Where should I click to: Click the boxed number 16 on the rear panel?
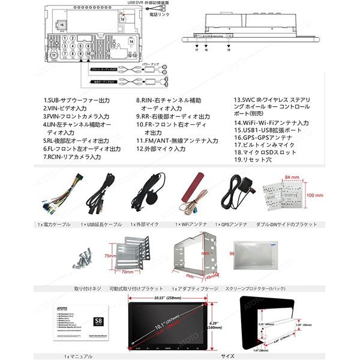pyautogui.click(x=62, y=26)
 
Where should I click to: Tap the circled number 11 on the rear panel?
pyautogui.click(x=54, y=55)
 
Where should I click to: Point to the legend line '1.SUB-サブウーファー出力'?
pyautogui.click(x=76, y=101)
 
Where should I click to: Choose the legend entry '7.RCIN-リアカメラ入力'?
pyautogui.click(x=71, y=157)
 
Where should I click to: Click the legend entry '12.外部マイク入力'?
pyautogui.click(x=161, y=149)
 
